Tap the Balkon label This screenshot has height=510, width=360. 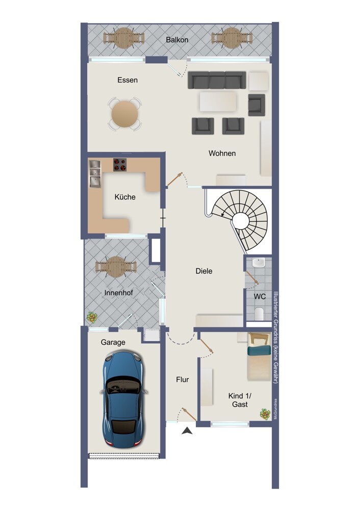coord(177,40)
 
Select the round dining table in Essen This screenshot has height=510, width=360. coord(125,114)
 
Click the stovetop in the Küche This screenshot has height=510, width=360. coord(120,165)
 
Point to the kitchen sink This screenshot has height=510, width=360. coord(95,174)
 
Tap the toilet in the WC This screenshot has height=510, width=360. coord(259,314)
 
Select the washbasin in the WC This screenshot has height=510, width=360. coord(259,263)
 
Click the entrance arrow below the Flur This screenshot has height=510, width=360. coord(187,430)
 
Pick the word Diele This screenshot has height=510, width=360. coord(204,271)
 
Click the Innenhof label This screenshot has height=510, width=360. coord(118,293)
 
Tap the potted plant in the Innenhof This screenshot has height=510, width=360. coord(92,317)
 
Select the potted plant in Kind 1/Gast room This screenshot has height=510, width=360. coord(265,414)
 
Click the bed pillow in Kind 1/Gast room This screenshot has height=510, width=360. coord(259,350)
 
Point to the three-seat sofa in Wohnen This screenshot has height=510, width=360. coord(217,80)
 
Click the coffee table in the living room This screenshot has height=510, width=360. coord(218,101)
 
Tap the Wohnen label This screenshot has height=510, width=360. coord(222,153)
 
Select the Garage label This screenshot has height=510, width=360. coord(113,342)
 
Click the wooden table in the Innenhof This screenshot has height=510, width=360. coord(116,266)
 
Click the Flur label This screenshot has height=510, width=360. coord(183,379)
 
